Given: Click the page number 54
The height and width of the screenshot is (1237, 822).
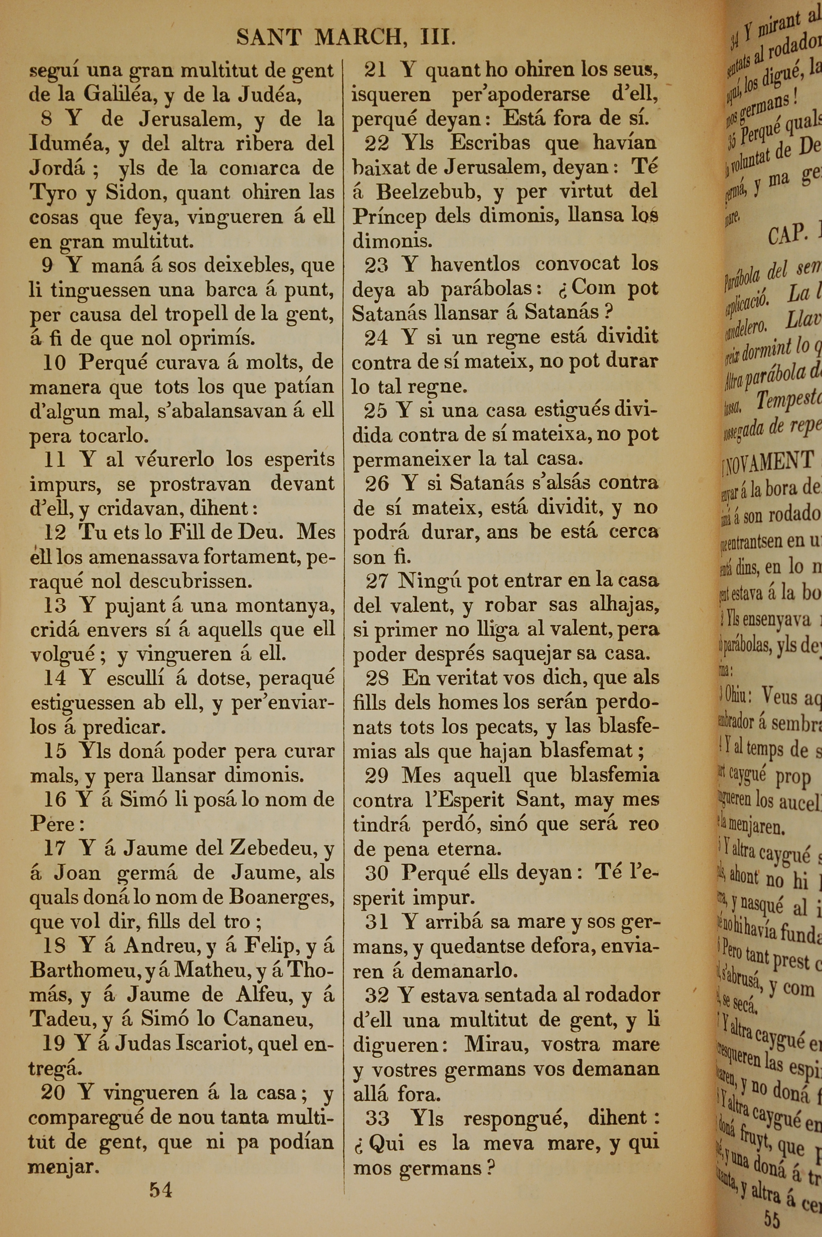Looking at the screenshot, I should pos(160,1190).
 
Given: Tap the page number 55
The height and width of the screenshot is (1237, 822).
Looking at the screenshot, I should pos(772,1220).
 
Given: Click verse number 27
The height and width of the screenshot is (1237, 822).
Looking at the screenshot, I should pos(376,581).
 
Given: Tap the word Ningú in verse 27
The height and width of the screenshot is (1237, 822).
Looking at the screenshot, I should pos(429,581).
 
